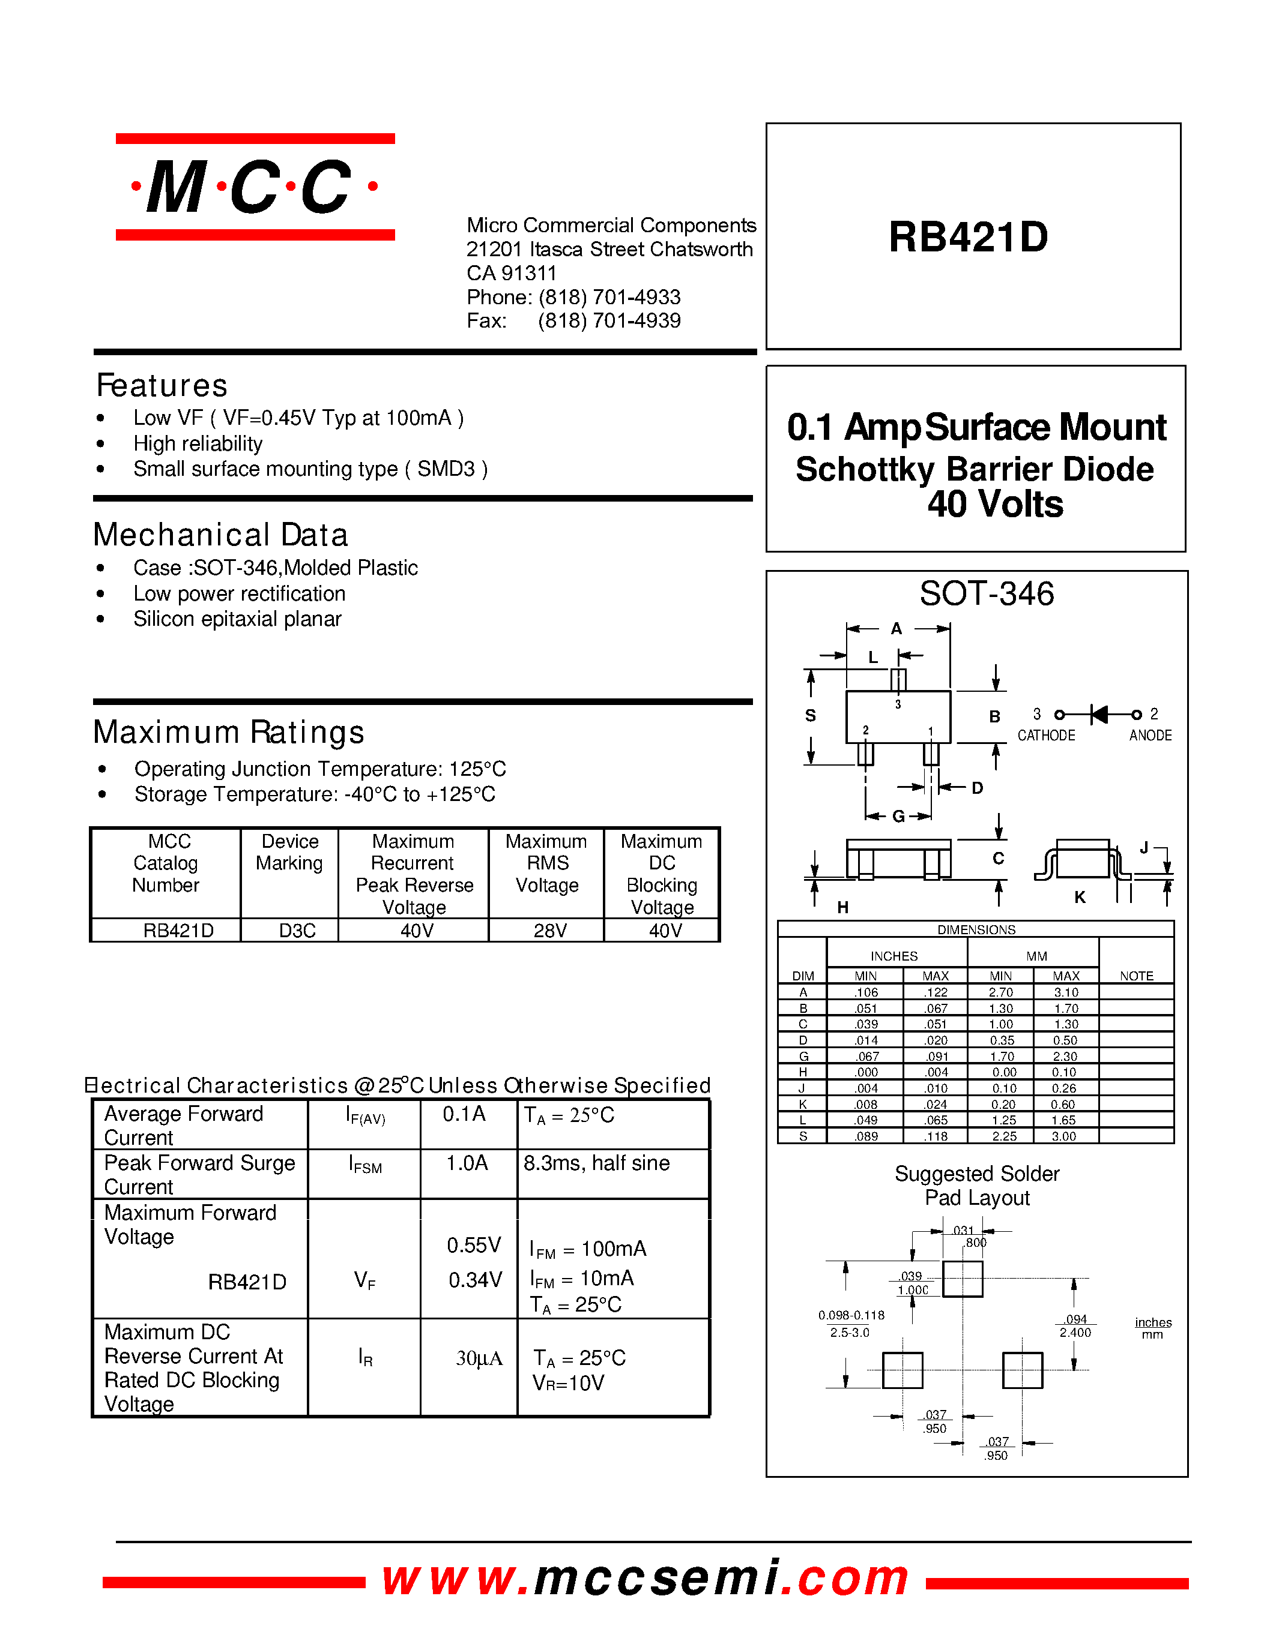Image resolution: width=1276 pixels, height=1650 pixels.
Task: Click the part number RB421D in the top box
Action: coord(969,237)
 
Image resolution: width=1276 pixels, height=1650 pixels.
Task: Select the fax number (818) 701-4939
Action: coord(609,321)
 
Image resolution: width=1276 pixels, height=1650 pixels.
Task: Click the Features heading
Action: coord(162,385)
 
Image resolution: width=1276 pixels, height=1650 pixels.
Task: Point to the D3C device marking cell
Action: coord(297,931)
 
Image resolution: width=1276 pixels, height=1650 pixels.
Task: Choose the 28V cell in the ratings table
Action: coord(549,931)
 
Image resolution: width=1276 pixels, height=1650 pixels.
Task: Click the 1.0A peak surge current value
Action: coord(467,1163)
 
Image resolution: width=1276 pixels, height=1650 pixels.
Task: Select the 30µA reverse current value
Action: coord(479,1358)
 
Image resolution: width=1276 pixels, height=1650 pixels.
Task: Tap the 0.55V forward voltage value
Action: coord(474,1245)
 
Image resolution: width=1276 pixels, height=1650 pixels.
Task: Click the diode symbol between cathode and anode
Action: coord(1099,714)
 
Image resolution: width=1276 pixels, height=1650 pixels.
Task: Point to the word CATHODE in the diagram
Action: coord(1045,736)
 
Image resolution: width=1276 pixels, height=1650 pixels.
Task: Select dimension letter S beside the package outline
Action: coord(811,715)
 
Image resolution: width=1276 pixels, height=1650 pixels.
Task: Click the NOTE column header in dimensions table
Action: coord(1136,976)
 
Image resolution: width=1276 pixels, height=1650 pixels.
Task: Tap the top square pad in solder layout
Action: coord(963,1279)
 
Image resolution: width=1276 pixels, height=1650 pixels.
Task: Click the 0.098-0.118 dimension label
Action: coord(851,1315)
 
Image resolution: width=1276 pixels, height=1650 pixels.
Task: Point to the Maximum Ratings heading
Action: coord(228,732)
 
